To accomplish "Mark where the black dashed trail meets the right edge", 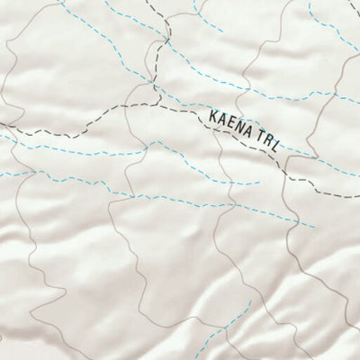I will [358, 195].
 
